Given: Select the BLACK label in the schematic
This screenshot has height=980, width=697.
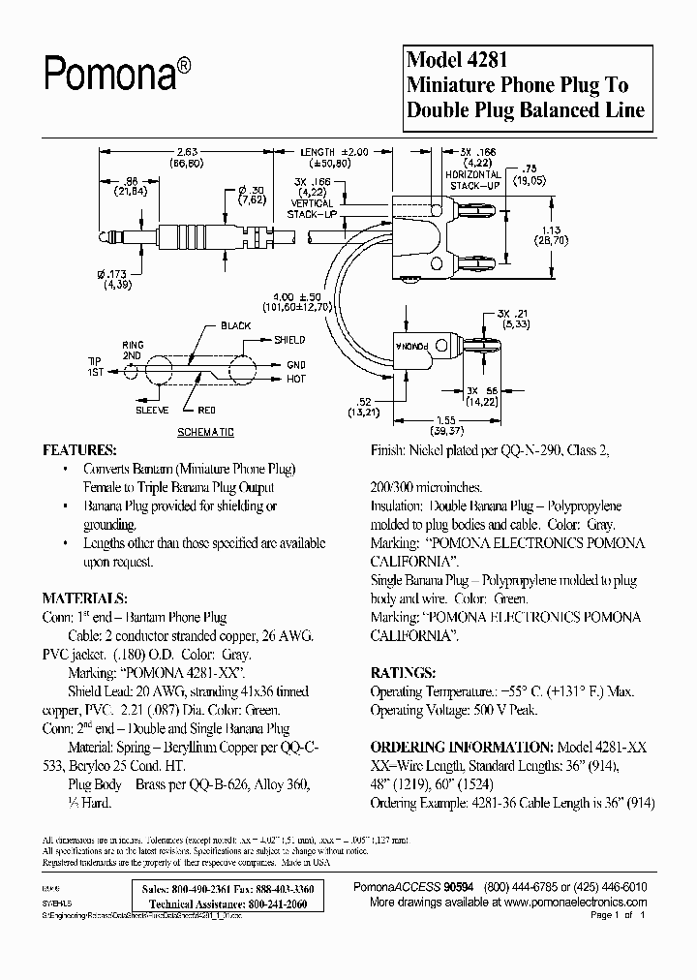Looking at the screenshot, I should pos(236,325).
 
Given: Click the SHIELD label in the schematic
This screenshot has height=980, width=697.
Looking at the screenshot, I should pos(290,340).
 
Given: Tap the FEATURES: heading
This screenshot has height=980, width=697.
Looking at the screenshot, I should pos(79,451).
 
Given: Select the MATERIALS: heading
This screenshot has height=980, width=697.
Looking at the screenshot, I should pos(84,597).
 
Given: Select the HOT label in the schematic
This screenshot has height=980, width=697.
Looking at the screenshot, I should pos(296,379).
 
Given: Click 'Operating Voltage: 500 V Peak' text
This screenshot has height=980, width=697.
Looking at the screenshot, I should pos(455,710).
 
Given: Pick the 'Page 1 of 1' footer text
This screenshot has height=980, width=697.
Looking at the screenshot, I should pos(617,915).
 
